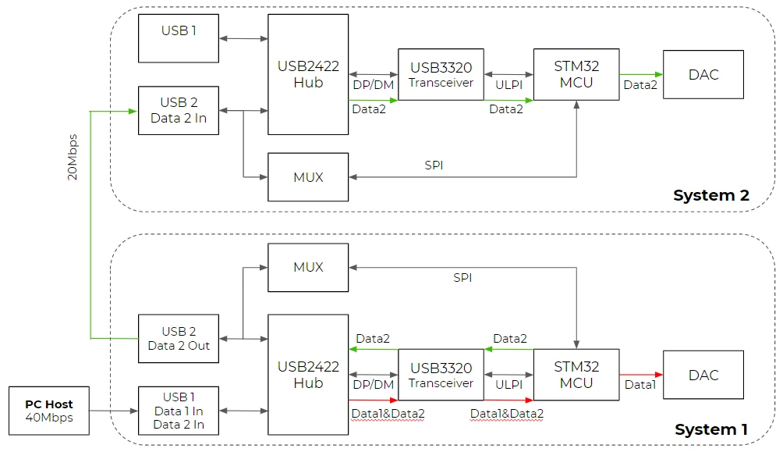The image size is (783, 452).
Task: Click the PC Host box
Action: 49,411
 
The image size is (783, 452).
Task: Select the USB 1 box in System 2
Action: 179,38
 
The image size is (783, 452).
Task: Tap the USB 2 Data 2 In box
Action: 179,111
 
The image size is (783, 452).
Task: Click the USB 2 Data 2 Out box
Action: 179,339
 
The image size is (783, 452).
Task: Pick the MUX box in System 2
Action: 308,177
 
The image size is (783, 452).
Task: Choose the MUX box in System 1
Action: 308,268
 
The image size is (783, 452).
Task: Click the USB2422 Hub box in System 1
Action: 308,375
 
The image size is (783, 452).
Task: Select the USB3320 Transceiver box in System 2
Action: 441,74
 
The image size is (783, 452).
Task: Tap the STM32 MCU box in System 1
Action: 576,375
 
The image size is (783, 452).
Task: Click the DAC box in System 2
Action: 703,74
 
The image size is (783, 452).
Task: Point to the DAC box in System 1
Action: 703,375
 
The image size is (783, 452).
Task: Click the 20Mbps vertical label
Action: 73,157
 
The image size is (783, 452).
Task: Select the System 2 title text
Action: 711,195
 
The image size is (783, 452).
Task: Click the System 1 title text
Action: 711,429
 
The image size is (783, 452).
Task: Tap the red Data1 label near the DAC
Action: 640,385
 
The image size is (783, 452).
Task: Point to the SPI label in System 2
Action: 434,165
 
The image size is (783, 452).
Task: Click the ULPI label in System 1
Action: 508,385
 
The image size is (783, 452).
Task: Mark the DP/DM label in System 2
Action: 374,85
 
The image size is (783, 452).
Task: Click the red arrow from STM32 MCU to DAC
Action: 641,375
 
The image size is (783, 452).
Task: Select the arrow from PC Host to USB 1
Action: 114,411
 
